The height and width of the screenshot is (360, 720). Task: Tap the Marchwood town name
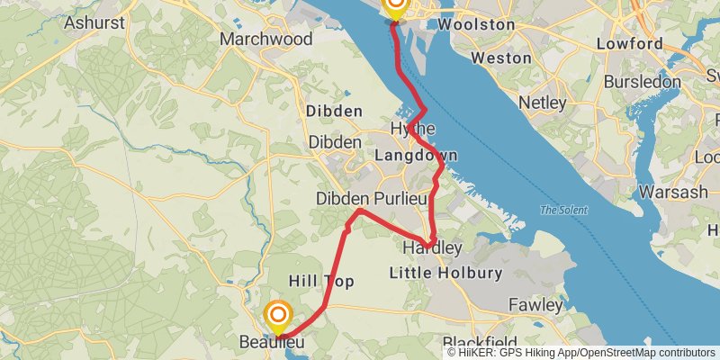pos(266,40)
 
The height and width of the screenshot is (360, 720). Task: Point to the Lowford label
pos(628,43)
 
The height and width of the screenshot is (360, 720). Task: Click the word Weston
pos(501,58)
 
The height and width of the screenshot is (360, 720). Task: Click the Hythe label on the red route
pos(413,130)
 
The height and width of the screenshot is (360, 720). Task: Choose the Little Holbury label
pos(457,273)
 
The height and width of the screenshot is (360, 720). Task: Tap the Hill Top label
pos(320,282)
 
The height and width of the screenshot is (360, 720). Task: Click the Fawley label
pos(535,305)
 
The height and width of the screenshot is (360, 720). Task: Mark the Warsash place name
pos(673,193)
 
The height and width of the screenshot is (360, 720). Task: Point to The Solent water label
pos(561,211)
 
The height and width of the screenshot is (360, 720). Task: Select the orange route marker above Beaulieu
pos(279,314)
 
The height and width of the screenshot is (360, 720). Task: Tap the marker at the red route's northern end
pos(394,7)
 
